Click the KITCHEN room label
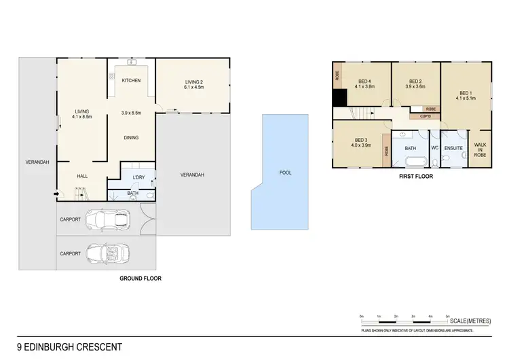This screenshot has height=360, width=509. click(131, 81)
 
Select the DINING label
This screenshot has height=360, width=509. click(131, 138)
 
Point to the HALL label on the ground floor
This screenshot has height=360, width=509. click(82, 176)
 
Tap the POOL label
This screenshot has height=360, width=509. click(286, 173)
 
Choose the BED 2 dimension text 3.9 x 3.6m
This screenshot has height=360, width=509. click(415, 87)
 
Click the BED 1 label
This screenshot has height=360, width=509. click(465, 93)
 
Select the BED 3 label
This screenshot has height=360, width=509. click(360, 139)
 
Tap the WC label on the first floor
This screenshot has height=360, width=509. click(434, 148)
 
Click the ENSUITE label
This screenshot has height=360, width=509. click(454, 148)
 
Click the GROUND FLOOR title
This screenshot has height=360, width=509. click(140, 278)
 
